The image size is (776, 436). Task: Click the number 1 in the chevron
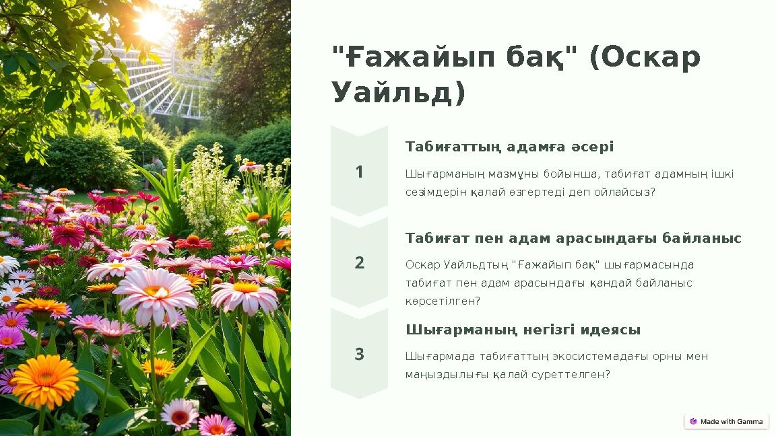click(x=359, y=172)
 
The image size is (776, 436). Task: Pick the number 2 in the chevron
click(x=359, y=263)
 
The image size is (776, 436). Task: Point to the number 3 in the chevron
click(x=359, y=355)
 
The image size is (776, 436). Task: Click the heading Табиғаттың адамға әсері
click(x=509, y=147)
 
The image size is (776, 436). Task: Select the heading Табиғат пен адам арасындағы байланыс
click(x=573, y=238)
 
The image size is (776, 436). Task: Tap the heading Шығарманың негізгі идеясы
click(x=523, y=330)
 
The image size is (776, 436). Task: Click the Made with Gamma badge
click(x=726, y=422)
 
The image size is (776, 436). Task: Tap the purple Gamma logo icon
click(x=693, y=422)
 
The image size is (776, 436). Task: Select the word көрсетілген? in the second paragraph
click(x=443, y=301)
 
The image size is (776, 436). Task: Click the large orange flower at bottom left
click(x=45, y=380)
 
